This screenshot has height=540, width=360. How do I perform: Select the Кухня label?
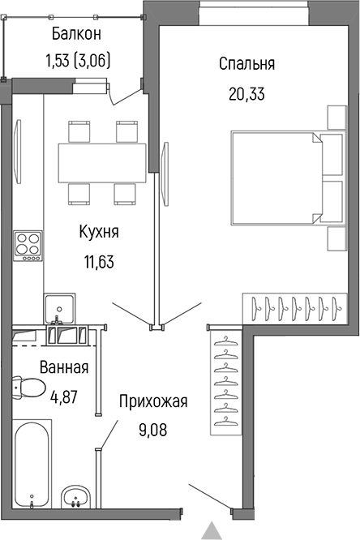(99, 233)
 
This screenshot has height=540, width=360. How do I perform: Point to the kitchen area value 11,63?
(99, 261)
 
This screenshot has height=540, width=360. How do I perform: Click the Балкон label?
(76, 33)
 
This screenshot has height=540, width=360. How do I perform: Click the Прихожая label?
(153, 401)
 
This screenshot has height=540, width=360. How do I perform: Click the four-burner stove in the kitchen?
(28, 246)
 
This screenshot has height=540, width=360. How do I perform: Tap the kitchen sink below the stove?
(58, 308)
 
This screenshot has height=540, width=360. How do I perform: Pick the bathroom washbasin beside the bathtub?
(78, 496)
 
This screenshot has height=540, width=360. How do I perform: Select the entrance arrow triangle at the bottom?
(212, 531)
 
